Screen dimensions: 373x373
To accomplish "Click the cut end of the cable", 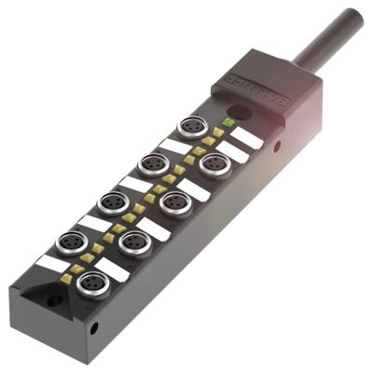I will click(352, 17).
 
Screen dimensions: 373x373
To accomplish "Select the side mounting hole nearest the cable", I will click(277, 146).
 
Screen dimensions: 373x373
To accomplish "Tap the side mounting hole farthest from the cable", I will click(95, 328).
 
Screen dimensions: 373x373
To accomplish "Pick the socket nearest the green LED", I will click(193, 128).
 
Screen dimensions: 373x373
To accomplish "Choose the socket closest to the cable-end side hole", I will click(214, 165).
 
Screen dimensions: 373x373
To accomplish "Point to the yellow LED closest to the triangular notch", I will click(87, 256).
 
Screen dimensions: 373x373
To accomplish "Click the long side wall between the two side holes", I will click(186, 242).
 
